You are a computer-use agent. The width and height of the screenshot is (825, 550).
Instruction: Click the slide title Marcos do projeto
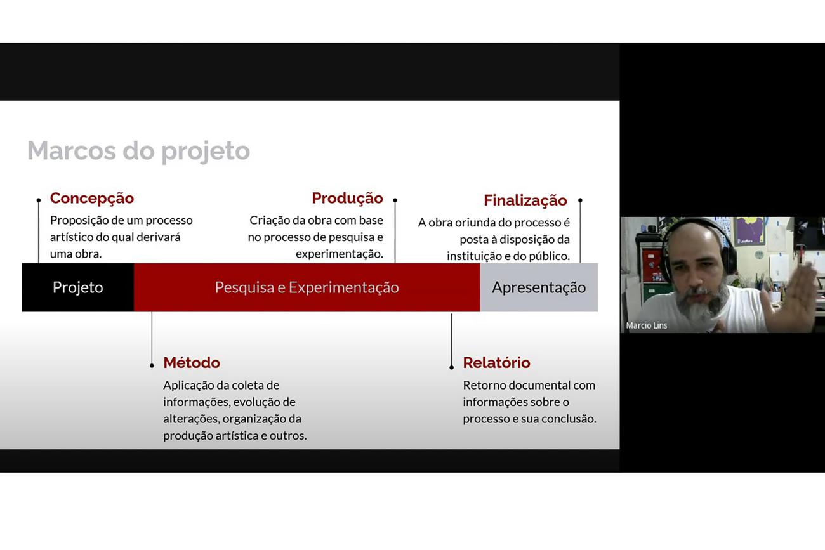click(x=138, y=151)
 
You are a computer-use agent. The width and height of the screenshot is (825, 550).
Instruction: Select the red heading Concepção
click(x=92, y=199)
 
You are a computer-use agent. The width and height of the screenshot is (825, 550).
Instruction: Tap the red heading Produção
click(x=347, y=199)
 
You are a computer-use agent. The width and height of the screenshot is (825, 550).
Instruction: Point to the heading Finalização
click(x=525, y=200)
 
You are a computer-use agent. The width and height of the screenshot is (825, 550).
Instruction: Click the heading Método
click(x=192, y=363)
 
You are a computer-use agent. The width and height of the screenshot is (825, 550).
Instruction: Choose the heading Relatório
click(x=496, y=363)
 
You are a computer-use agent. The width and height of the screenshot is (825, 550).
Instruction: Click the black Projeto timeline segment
click(x=77, y=287)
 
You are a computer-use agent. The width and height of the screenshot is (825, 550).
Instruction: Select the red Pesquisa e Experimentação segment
click(x=307, y=287)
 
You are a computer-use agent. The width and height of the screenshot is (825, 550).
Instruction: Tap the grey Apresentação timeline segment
click(x=539, y=287)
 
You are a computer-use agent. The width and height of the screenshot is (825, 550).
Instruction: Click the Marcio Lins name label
click(x=647, y=325)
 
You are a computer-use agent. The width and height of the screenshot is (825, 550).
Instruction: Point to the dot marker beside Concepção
click(x=39, y=200)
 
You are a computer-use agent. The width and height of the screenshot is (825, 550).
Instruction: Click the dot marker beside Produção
click(x=395, y=200)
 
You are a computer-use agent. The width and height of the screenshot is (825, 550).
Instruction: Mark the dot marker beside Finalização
click(x=580, y=200)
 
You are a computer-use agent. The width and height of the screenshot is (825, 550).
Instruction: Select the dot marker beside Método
click(x=152, y=365)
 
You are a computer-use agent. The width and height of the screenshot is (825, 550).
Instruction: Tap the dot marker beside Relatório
click(x=452, y=367)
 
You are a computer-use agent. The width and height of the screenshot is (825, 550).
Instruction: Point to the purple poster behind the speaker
click(x=750, y=231)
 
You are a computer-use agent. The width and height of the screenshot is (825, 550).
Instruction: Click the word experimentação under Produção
click(x=340, y=254)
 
